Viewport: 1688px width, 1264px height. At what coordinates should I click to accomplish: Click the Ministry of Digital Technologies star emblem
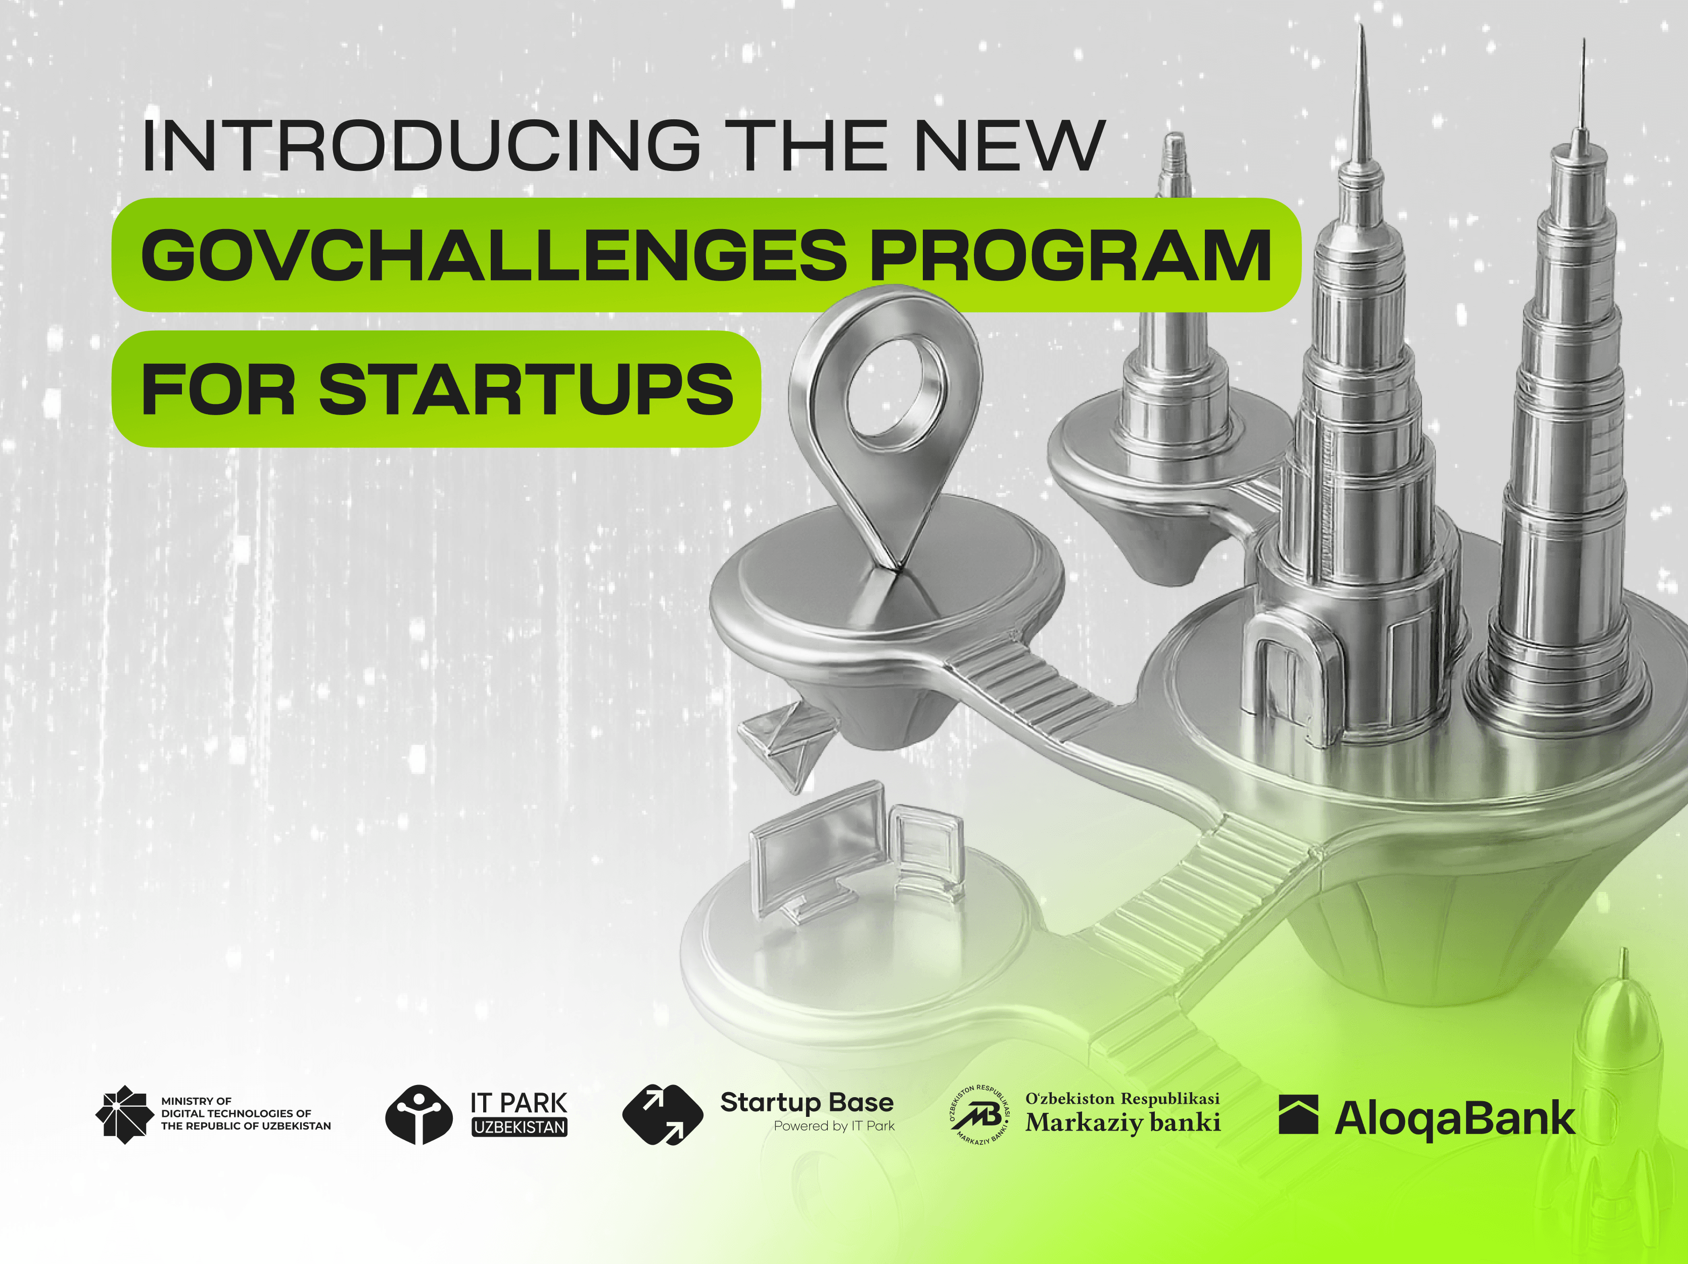pyautogui.click(x=121, y=1114)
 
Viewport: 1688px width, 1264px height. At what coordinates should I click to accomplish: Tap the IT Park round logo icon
pyautogui.click(x=418, y=1114)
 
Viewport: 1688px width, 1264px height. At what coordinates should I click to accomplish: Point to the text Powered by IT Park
pyautogui.click(x=834, y=1126)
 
